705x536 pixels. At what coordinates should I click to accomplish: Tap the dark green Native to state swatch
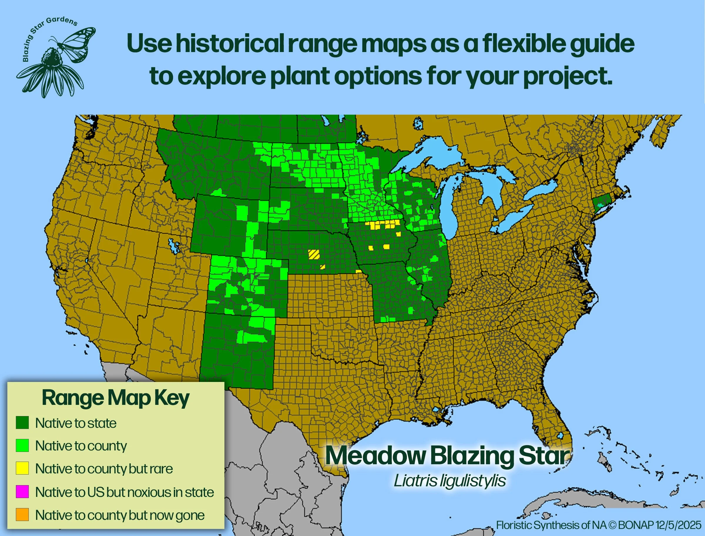pos(22,423)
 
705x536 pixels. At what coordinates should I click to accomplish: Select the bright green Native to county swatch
pos(22,445)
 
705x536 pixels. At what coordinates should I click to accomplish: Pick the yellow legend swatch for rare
pos(22,468)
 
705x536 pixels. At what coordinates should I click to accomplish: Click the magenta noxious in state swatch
pos(22,491)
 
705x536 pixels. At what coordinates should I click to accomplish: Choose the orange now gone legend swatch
pos(22,514)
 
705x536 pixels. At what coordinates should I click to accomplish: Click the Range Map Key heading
pos(115,398)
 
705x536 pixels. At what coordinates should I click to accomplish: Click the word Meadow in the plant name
pos(375,456)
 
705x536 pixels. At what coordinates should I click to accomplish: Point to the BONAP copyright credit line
pos(599,525)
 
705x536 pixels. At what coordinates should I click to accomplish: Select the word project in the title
pos(567,76)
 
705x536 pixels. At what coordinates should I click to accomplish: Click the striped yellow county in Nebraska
pos(314,254)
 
